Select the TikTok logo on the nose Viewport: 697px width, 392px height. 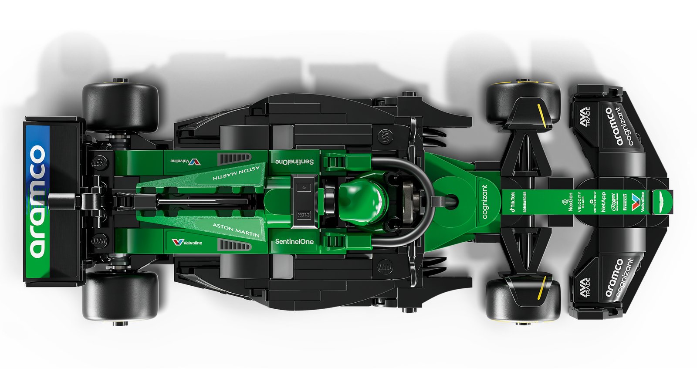pos(512,202)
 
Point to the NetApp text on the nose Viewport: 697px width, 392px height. pos(603,202)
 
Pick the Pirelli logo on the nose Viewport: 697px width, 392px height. pos(625,202)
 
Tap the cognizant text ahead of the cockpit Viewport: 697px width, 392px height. pos(485,202)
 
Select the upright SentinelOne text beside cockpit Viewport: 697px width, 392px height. pos(294,241)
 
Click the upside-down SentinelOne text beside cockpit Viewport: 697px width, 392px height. pos(294,162)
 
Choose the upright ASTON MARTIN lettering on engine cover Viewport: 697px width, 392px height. pos(236,230)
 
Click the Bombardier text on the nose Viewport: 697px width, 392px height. pos(525,202)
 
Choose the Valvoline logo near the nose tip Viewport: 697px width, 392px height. pos(639,202)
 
